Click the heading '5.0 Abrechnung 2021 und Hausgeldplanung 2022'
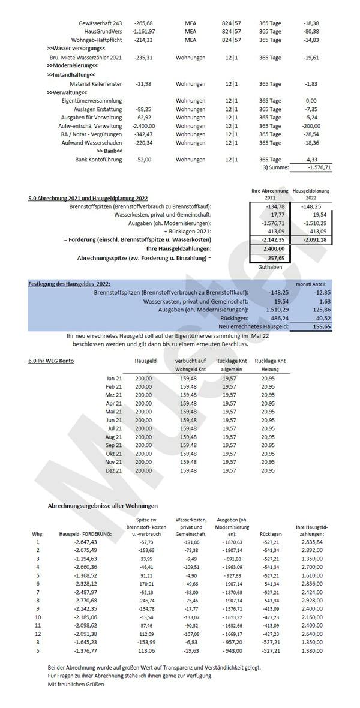pyautogui.click(x=88, y=198)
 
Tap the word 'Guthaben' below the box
pyautogui.click(x=270, y=266)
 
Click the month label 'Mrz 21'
pyautogui.click(x=113, y=395)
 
